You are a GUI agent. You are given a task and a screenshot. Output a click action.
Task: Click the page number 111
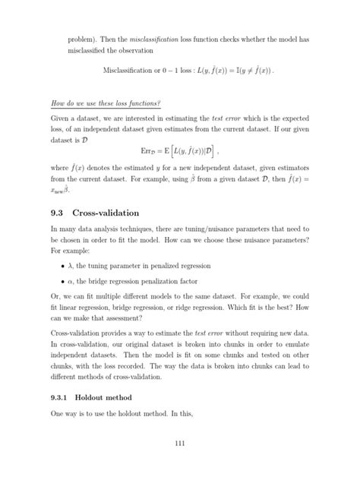click(x=180, y=444)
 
